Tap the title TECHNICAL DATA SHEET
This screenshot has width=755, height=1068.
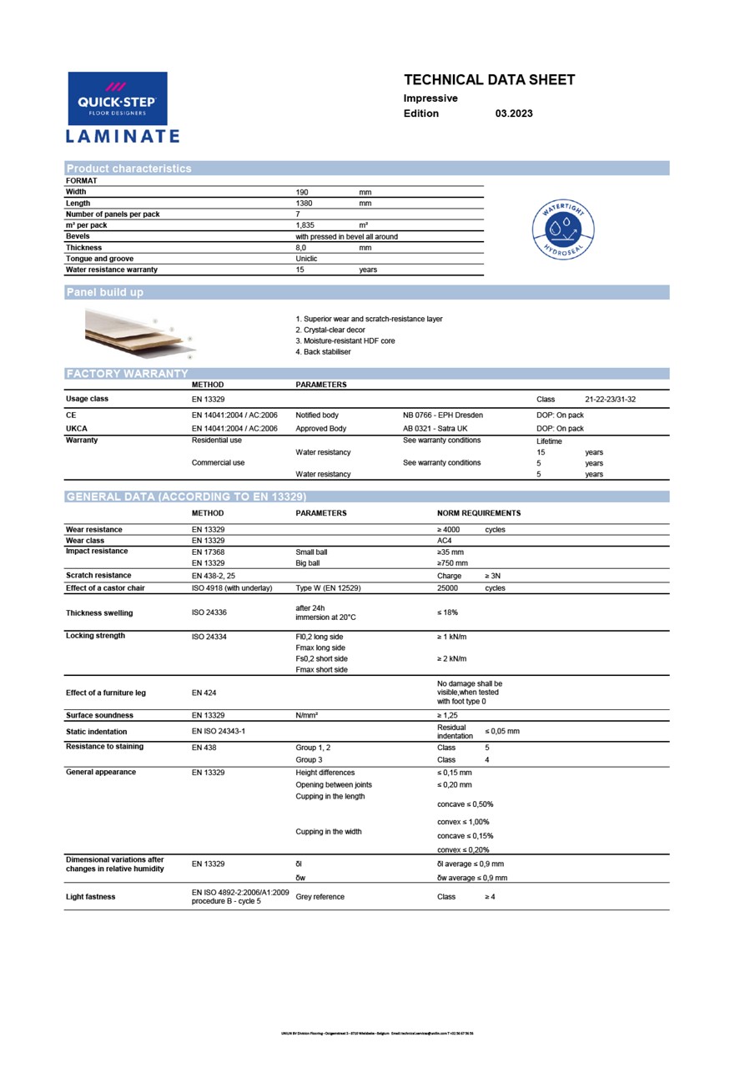(489, 80)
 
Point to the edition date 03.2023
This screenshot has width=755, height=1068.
(513, 113)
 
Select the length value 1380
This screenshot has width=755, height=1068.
(305, 204)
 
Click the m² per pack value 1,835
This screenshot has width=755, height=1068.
(306, 225)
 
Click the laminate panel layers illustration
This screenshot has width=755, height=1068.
(138, 333)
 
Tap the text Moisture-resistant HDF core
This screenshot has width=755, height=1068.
(345, 341)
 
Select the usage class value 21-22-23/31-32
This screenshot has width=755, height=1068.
(611, 400)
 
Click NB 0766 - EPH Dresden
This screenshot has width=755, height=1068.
(442, 416)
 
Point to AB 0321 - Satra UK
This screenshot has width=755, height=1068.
(435, 429)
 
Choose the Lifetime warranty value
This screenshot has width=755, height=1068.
(549, 441)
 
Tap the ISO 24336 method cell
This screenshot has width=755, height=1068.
(209, 613)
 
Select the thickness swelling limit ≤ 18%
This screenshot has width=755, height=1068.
(447, 613)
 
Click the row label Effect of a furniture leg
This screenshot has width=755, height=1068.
(106, 693)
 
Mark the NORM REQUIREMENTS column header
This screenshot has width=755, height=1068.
(479, 513)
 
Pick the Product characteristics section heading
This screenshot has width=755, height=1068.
(128, 169)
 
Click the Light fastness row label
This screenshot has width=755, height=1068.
(91, 897)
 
